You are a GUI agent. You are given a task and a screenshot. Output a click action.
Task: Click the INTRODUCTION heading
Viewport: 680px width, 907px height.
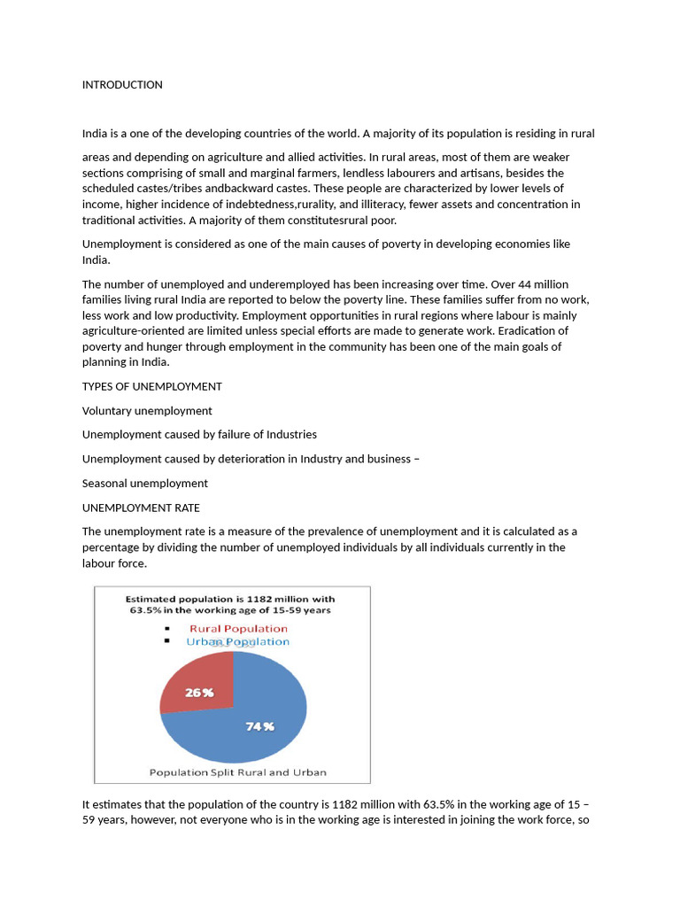(x=122, y=85)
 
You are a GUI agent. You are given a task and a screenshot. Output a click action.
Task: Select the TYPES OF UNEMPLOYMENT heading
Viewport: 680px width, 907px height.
(x=151, y=387)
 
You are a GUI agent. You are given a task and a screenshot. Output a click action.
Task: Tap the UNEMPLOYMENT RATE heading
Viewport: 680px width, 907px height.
(x=141, y=508)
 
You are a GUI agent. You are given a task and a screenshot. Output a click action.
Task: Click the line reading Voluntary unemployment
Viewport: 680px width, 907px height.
(x=147, y=411)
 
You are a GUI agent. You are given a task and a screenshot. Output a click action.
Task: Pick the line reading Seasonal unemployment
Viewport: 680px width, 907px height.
(x=144, y=484)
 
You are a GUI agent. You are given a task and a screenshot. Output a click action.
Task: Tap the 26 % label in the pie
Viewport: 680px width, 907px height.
(x=198, y=693)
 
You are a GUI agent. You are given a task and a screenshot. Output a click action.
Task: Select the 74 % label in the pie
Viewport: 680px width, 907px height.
(x=259, y=726)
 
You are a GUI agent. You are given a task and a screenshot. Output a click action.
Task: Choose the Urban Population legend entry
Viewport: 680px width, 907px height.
(x=236, y=641)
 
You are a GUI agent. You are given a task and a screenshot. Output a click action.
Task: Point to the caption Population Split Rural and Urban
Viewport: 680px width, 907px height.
(x=237, y=772)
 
